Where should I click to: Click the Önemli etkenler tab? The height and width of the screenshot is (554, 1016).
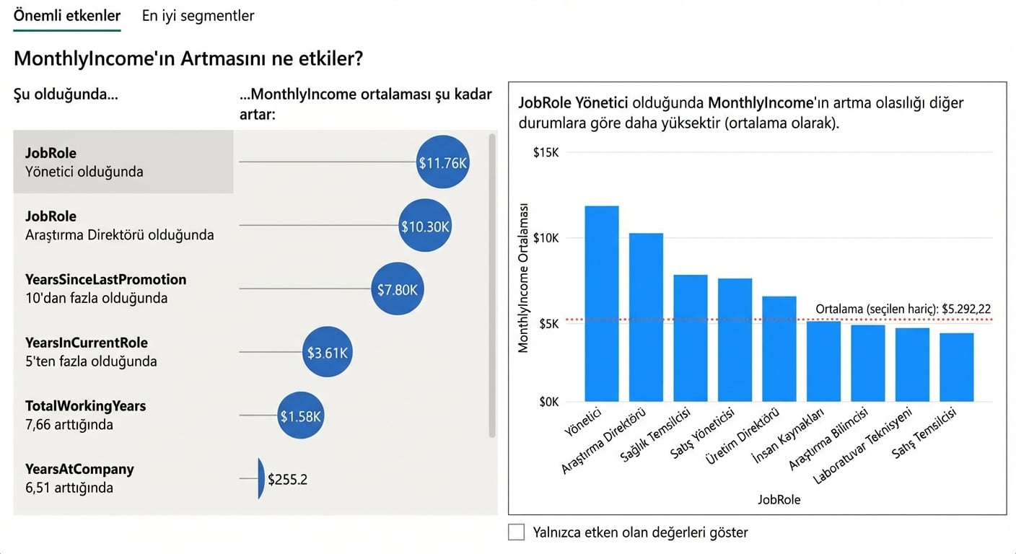[x=67, y=16]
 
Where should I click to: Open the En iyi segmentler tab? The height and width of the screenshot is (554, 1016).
[x=198, y=16]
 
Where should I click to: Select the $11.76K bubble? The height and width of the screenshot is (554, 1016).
[x=443, y=162]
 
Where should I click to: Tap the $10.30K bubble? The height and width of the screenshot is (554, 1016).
[x=425, y=226]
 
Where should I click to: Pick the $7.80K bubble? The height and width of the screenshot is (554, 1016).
[x=398, y=289]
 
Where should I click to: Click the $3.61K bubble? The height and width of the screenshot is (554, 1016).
[x=328, y=353]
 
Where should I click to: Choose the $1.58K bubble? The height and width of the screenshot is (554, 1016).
[x=300, y=415]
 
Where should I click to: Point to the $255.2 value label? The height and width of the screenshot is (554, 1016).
[x=287, y=479]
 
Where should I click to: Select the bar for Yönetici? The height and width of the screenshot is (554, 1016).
[x=601, y=303]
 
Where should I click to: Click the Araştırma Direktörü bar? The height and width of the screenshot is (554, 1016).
[x=646, y=317]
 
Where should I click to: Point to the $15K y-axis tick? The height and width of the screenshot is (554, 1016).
[x=546, y=152]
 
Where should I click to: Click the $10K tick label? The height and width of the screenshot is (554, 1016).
[x=546, y=238]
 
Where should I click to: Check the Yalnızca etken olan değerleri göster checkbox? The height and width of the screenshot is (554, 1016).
[x=516, y=532]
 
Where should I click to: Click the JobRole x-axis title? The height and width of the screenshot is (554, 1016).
[x=779, y=499]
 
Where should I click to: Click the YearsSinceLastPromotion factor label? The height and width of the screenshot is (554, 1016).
[x=105, y=280]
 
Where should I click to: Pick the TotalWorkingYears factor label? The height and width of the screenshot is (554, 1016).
[x=85, y=406]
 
